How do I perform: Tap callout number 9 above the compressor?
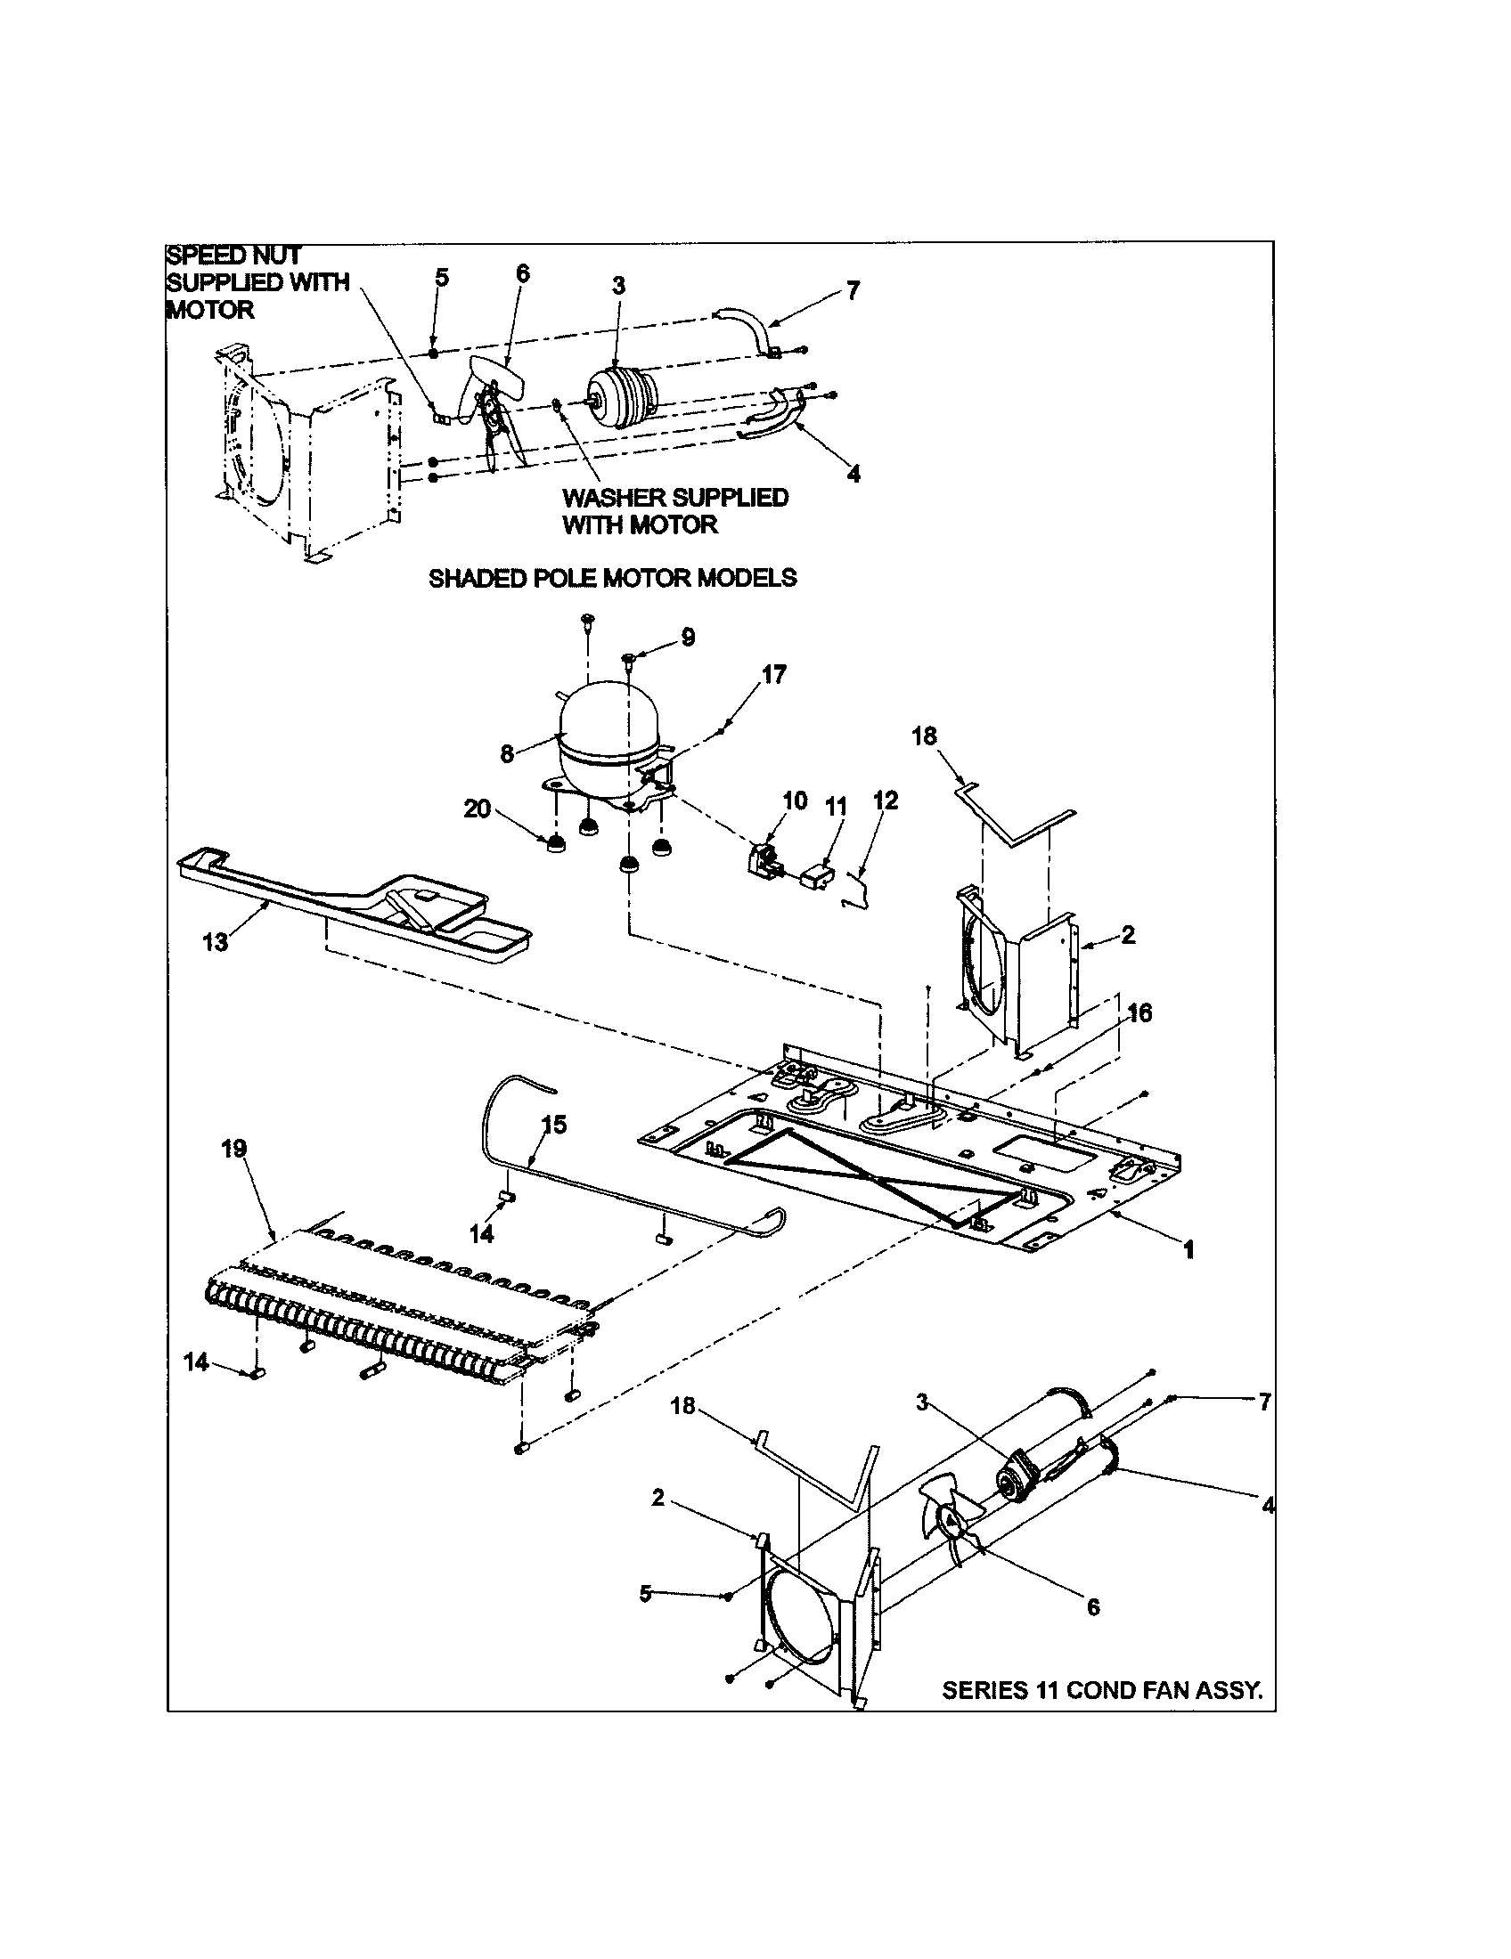pyautogui.click(x=687, y=638)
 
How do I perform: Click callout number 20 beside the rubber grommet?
pyautogui.click(x=478, y=809)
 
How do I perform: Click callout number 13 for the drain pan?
pyautogui.click(x=216, y=943)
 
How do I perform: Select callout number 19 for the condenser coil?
pyautogui.click(x=234, y=1149)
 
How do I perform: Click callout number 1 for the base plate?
pyautogui.click(x=1188, y=1249)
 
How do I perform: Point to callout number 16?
pyautogui.click(x=1139, y=1012)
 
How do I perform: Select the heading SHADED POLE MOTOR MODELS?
pyautogui.click(x=612, y=579)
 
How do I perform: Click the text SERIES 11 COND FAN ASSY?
pyautogui.click(x=1102, y=1691)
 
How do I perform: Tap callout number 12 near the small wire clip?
pyautogui.click(x=885, y=801)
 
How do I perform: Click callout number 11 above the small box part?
pyautogui.click(x=836, y=807)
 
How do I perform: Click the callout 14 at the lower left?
pyautogui.click(x=196, y=1362)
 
